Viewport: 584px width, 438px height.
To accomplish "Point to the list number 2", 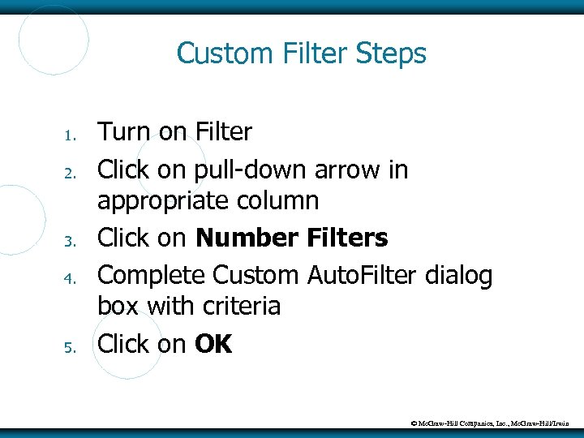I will point(71,172).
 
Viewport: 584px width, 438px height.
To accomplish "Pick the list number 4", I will point(71,278).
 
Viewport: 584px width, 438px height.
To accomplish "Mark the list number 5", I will point(71,347).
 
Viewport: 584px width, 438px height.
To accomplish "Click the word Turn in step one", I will point(125,131).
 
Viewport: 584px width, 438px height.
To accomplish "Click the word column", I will point(283,200).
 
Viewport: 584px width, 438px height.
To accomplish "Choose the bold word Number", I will point(247,238).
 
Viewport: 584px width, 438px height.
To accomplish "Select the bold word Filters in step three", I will point(348,238).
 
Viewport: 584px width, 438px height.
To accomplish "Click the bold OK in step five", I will point(213,345).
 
